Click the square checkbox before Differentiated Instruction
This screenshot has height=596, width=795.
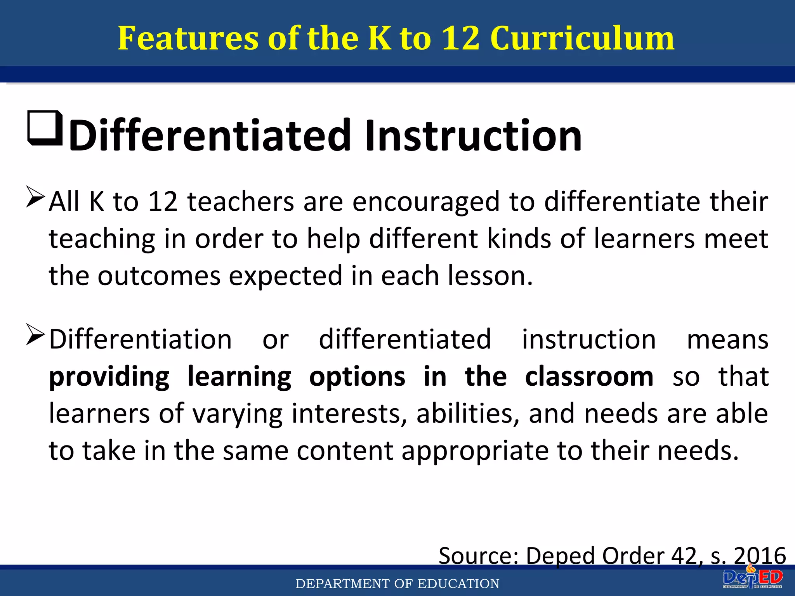tap(45, 128)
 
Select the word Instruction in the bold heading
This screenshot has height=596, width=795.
tap(472, 135)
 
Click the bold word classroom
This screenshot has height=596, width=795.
tap(589, 376)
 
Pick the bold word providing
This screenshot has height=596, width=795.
tap(109, 377)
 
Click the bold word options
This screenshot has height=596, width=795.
tap(357, 377)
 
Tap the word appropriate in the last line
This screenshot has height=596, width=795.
tap(474, 451)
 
